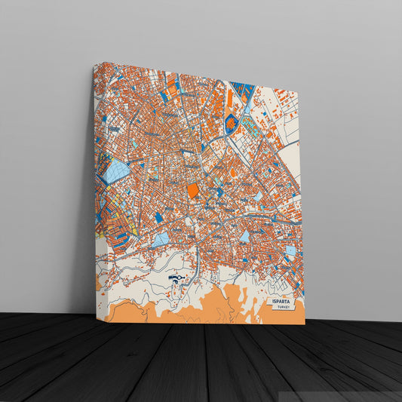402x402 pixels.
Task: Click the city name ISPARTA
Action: [281, 301]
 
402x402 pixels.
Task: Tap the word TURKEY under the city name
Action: [284, 308]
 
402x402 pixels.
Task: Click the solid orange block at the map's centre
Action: [192, 191]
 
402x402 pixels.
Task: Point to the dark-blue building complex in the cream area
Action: [175, 280]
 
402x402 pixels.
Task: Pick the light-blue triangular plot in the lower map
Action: [161, 240]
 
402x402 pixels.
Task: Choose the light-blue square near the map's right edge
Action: [290, 250]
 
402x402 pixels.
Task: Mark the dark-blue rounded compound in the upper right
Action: [232, 122]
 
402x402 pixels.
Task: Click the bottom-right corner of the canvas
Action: [305, 324]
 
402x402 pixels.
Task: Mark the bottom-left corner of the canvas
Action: [104, 322]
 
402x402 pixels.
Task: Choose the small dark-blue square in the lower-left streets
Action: [159, 218]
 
